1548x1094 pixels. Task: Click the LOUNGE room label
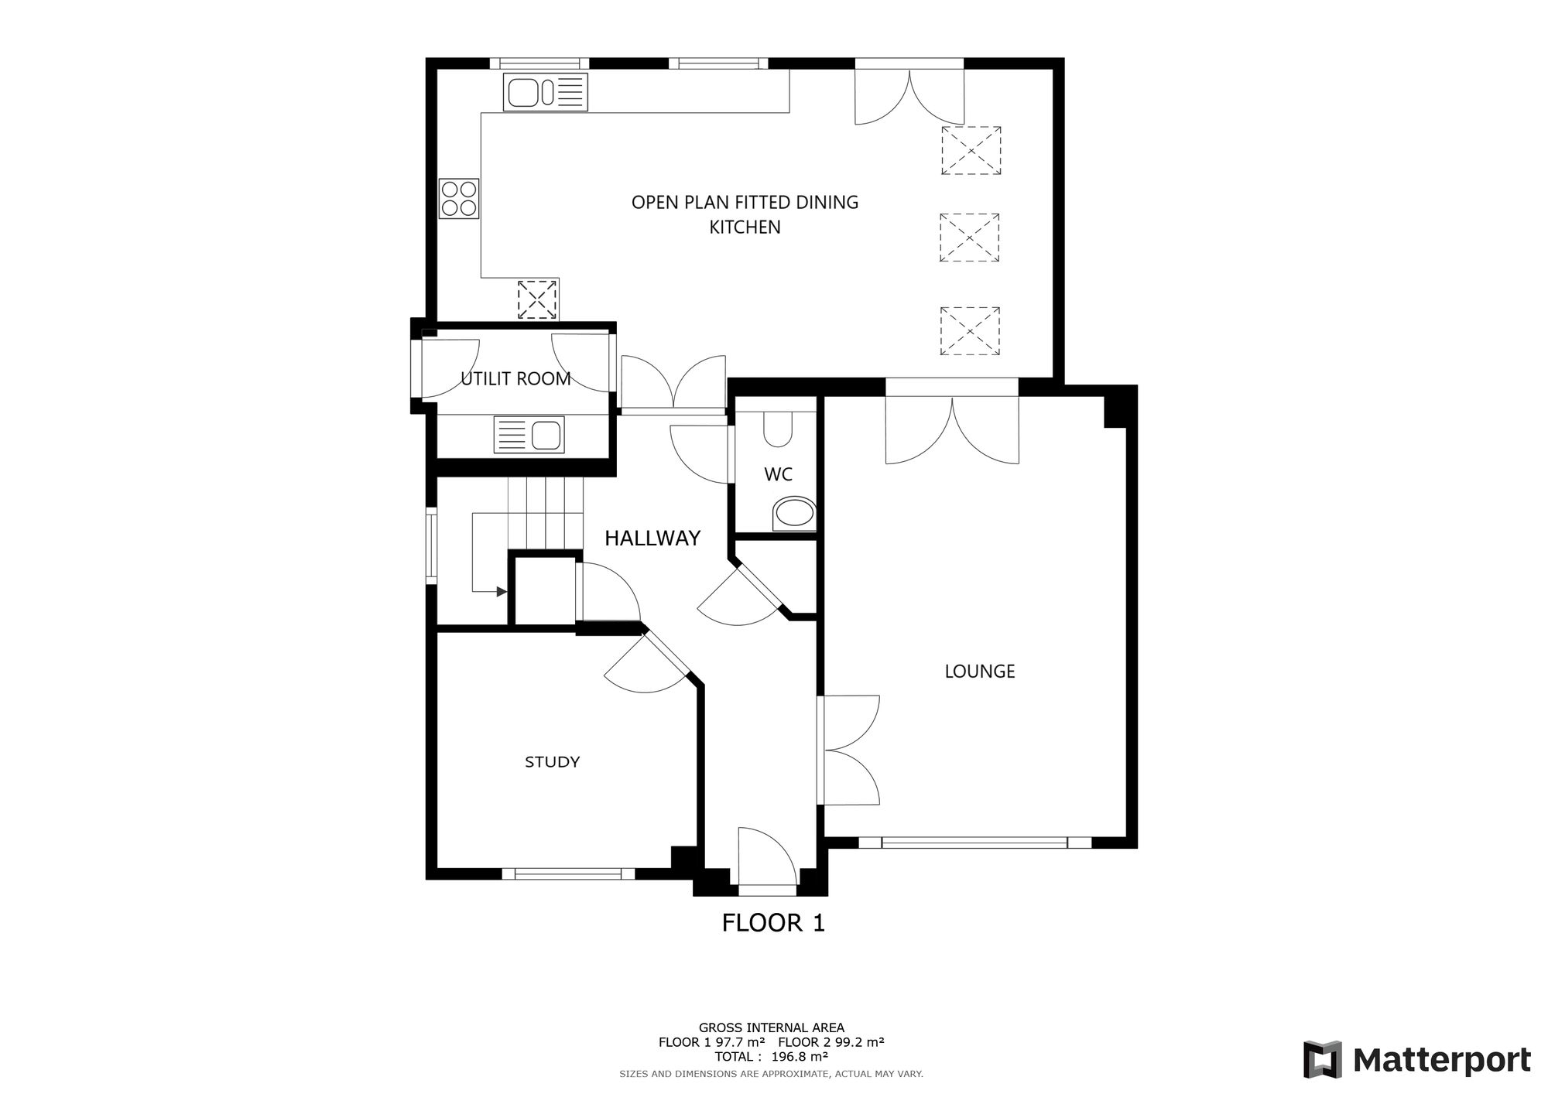pos(979,672)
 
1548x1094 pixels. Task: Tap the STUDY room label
pos(552,762)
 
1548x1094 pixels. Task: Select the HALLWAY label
pos(652,538)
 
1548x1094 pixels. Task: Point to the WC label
pos(778,474)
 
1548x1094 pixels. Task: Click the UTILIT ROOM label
pos(515,378)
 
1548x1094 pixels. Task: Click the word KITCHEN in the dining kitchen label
pos(745,227)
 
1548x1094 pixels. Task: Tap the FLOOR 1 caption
pos(773,922)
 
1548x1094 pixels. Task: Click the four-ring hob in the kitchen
pos(459,198)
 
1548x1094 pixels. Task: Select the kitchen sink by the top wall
pos(545,92)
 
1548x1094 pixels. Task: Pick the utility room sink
pos(529,435)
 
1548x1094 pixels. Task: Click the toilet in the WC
pos(778,428)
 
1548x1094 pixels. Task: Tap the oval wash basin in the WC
pos(794,513)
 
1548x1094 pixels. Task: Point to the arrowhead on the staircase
pos(502,592)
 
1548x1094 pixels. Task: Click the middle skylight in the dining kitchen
pos(969,238)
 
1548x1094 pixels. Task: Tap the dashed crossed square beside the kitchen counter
pos(537,299)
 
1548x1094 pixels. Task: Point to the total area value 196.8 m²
pos(800,1056)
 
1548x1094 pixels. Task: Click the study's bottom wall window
pos(568,873)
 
